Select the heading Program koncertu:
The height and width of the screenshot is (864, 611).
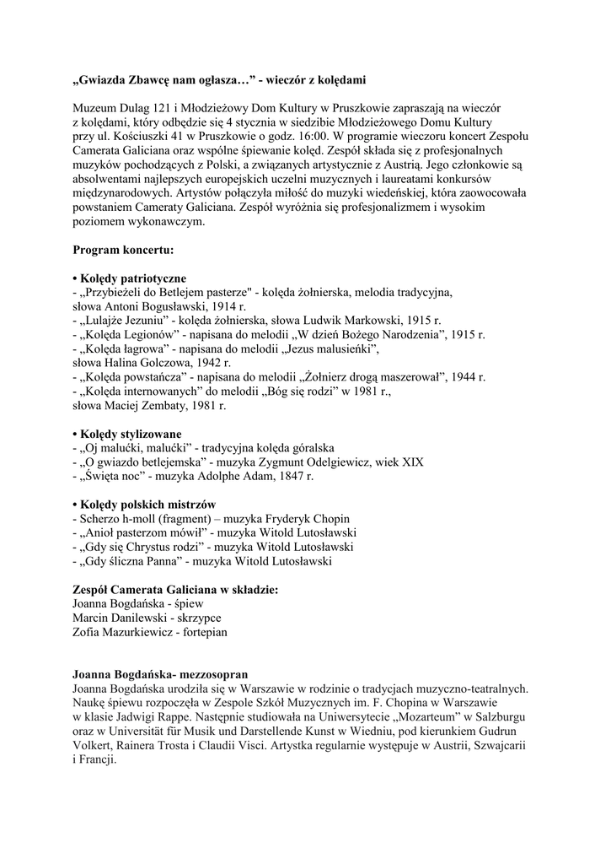coord(124,251)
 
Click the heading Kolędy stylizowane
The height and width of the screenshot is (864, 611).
coord(131,434)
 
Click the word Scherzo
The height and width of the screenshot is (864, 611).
coord(100,518)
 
